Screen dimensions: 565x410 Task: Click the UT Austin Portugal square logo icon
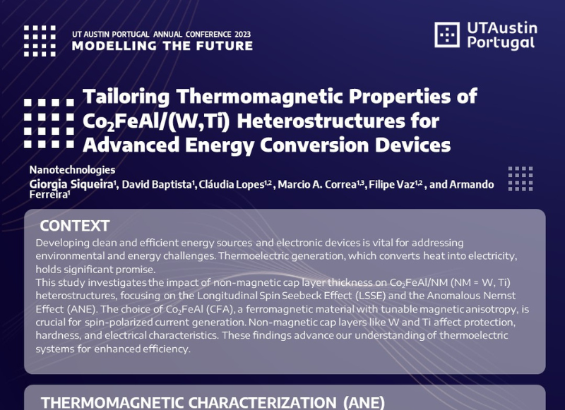[447, 35]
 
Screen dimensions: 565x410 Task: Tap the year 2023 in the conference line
[242, 35]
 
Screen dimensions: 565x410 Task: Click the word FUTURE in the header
[225, 46]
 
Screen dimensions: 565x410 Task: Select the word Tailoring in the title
[126, 97]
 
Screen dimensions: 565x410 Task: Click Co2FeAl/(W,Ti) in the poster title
[156, 121]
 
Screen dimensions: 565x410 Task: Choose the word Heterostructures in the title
[321, 121]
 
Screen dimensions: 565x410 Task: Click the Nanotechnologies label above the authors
[73, 170]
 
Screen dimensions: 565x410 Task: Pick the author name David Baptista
[157, 184]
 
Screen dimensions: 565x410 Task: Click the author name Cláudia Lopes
[232, 184]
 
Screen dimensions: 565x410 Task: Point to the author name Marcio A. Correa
[317, 184]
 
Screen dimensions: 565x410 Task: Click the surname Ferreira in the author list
[48, 194]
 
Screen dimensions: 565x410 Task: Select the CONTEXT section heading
[75, 226]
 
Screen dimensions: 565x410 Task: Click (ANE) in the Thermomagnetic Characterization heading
[364, 403]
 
